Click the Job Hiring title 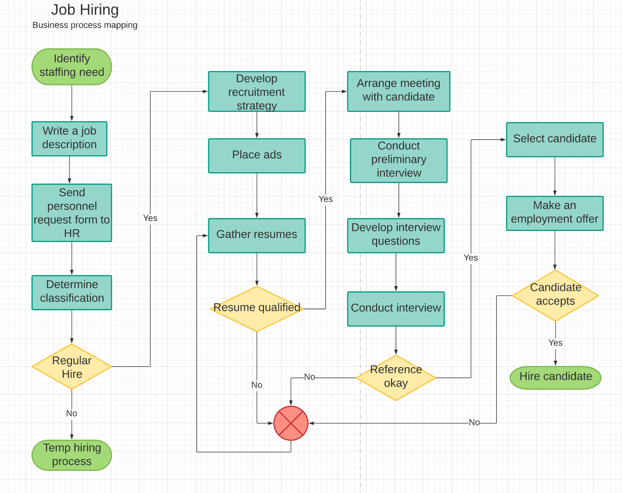[x=85, y=10]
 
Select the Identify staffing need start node [x=72, y=66]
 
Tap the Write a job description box [x=69, y=139]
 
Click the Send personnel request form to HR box [x=72, y=213]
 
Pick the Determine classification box [x=72, y=292]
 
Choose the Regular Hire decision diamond [x=72, y=367]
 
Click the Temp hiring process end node [x=72, y=455]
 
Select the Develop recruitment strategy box [x=257, y=91]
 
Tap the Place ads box [x=257, y=155]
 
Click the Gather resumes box [x=257, y=235]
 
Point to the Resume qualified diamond [x=257, y=308]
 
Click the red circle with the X [x=291, y=423]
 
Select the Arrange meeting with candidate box [x=398, y=91]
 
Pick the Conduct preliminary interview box [x=398, y=160]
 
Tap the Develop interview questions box [x=396, y=235]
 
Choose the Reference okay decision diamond [x=396, y=377]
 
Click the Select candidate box [x=555, y=139]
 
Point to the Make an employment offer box [x=555, y=213]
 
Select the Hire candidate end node [x=555, y=377]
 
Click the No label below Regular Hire [x=72, y=413]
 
